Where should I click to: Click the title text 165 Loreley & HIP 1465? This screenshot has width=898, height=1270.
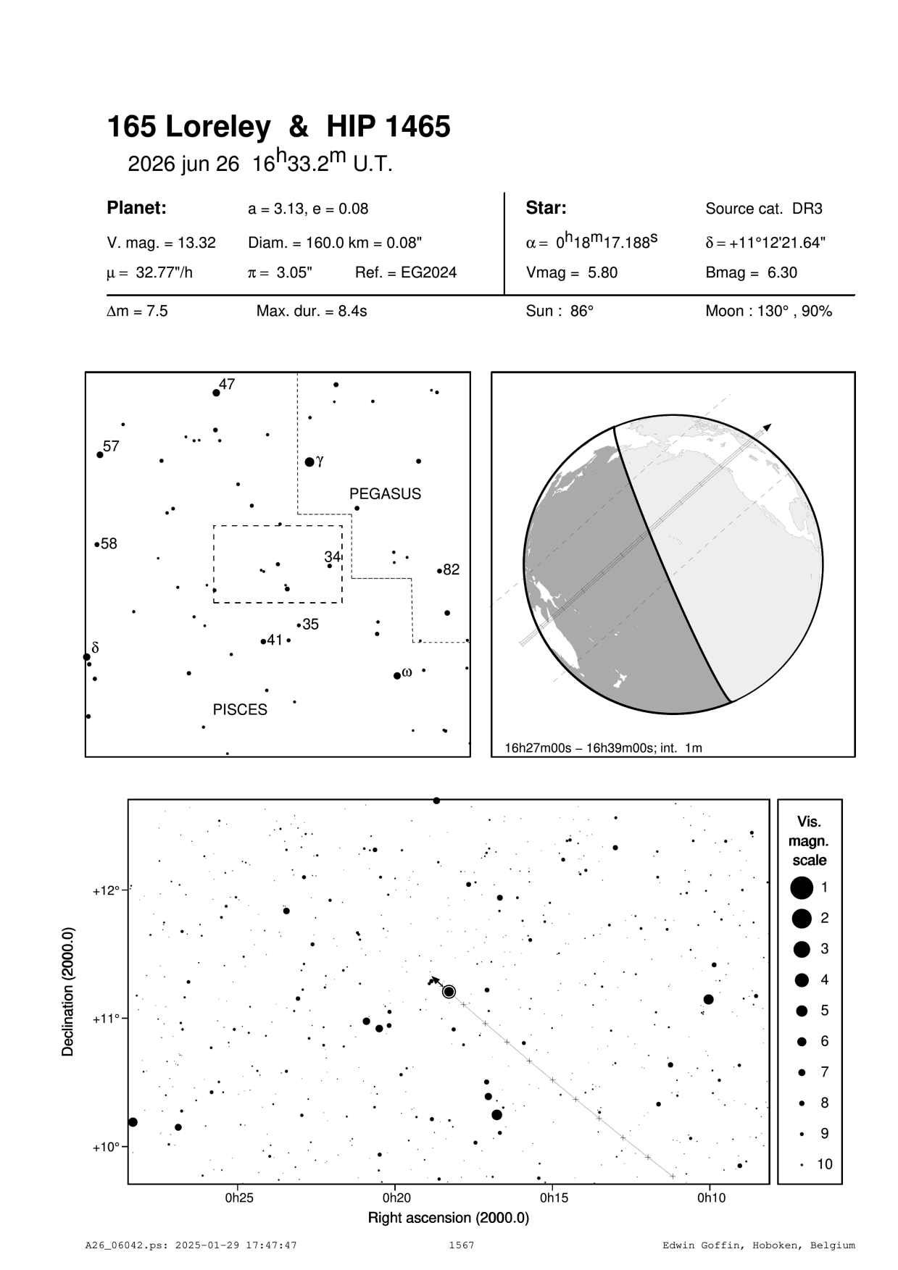click(x=278, y=128)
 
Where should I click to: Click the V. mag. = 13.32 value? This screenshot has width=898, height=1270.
click(x=161, y=243)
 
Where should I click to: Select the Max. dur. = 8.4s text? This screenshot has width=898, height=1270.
click(x=312, y=312)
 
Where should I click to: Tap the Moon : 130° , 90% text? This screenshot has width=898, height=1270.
click(x=768, y=312)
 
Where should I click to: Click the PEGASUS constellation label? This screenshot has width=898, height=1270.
click(x=385, y=494)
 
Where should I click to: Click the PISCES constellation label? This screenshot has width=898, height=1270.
click(x=240, y=710)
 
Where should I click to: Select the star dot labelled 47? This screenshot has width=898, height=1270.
click(x=216, y=393)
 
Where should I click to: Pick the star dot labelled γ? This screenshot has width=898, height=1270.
click(x=309, y=461)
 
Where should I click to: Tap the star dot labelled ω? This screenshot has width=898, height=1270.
click(x=397, y=676)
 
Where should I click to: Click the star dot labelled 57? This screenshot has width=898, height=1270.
click(x=100, y=455)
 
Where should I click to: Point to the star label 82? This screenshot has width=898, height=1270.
click(x=451, y=570)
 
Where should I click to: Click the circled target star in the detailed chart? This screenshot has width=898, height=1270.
click(x=449, y=992)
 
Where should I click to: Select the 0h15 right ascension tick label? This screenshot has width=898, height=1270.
click(x=552, y=1198)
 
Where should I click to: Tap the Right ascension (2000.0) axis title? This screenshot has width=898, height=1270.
click(x=448, y=1218)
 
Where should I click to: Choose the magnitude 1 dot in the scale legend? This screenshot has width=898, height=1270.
click(x=801, y=887)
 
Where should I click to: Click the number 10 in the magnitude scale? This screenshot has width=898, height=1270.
click(x=825, y=1164)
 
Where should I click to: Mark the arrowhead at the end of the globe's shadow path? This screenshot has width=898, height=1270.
click(x=767, y=427)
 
